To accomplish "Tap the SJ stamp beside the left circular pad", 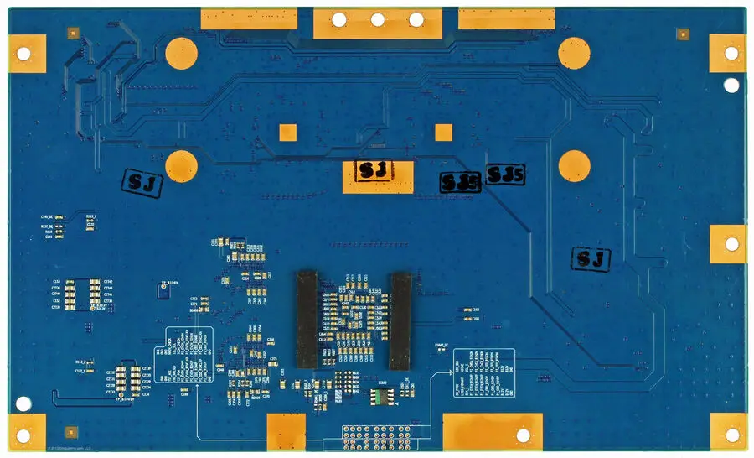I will (143, 180).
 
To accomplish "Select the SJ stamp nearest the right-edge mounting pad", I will (591, 259).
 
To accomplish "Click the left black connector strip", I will (307, 320).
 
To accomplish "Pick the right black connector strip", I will (400, 320).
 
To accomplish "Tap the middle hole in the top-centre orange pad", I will (378, 19).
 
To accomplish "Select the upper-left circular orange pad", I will (181, 54).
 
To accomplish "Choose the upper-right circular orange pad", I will (575, 54).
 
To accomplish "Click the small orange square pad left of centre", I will (287, 133).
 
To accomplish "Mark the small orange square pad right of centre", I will (443, 132).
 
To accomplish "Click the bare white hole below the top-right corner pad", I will (731, 85).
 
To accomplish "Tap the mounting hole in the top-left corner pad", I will (23, 54).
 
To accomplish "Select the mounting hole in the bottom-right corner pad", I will (731, 435).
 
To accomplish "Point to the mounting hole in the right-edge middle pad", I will (731, 244).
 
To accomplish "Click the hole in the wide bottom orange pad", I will (524, 435).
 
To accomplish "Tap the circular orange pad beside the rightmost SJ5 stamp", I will (575, 164).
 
